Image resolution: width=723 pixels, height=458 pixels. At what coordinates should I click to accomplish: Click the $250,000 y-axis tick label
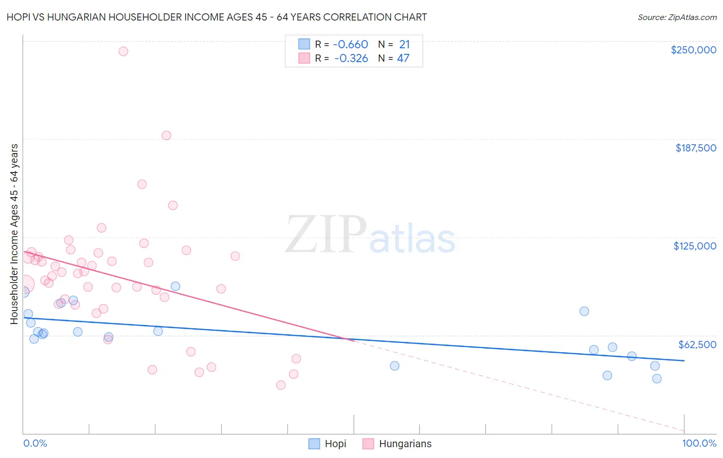click(x=693, y=50)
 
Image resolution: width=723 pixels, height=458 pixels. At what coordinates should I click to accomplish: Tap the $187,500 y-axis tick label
click(x=695, y=148)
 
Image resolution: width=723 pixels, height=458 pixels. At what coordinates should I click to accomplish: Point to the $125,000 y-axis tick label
click(x=695, y=246)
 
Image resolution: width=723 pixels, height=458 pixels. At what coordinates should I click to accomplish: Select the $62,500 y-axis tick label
click(x=697, y=345)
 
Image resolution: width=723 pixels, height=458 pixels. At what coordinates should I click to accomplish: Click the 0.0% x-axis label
click(x=35, y=443)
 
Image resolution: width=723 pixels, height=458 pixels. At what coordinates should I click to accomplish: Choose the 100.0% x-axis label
click(x=699, y=443)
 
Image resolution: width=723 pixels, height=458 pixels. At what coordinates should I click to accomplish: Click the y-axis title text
click(x=14, y=234)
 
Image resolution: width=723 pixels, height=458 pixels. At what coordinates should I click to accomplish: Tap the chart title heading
click(x=216, y=17)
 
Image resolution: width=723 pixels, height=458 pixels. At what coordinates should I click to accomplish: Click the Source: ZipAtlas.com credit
click(x=677, y=17)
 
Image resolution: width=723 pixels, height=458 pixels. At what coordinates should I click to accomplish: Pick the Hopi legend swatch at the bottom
click(x=314, y=444)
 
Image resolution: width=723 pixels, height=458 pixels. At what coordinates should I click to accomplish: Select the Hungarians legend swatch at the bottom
click(x=368, y=444)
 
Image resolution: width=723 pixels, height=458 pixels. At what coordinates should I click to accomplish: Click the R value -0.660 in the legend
click(x=350, y=44)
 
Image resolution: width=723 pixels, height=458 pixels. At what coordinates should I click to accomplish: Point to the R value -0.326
click(x=351, y=58)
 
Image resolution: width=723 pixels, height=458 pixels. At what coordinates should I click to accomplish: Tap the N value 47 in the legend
click(x=403, y=58)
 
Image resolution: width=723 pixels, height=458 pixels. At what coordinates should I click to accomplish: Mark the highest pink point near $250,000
click(x=123, y=51)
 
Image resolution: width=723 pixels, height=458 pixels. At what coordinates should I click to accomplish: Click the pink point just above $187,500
click(x=166, y=136)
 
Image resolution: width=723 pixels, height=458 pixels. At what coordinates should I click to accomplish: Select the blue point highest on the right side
click(x=584, y=311)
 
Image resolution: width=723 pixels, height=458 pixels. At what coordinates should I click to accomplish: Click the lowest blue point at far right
click(x=657, y=379)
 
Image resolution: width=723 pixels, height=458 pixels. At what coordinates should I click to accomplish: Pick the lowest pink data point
click(x=281, y=385)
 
